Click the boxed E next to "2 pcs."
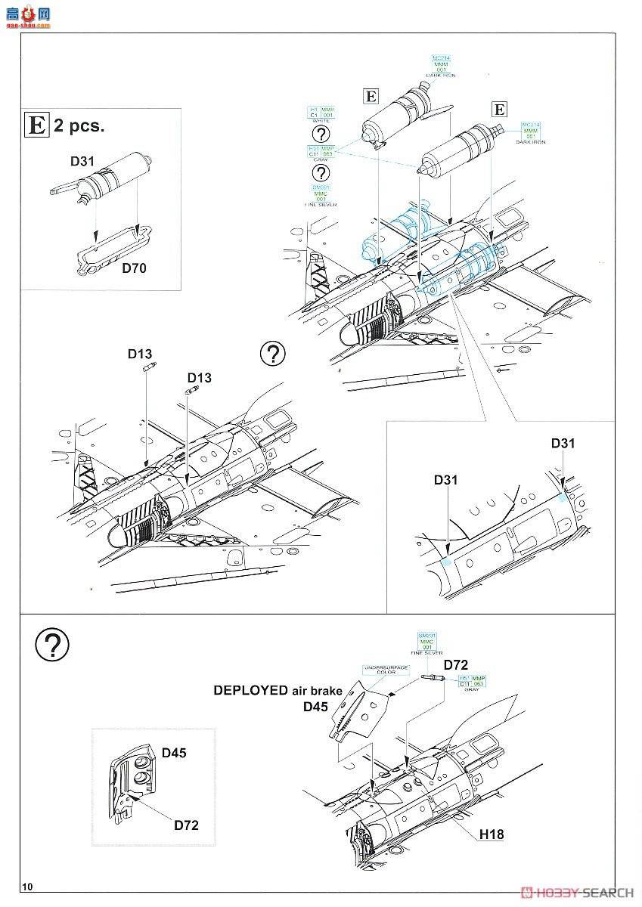point(37,125)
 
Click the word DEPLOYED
point(250,690)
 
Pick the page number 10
point(29,886)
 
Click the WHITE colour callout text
point(321,122)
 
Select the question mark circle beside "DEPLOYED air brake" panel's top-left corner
point(52,644)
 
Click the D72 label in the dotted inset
point(186,825)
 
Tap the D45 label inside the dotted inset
point(175,753)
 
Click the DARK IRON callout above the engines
point(441,76)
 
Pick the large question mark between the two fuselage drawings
point(273,353)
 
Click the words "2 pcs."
point(79,126)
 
